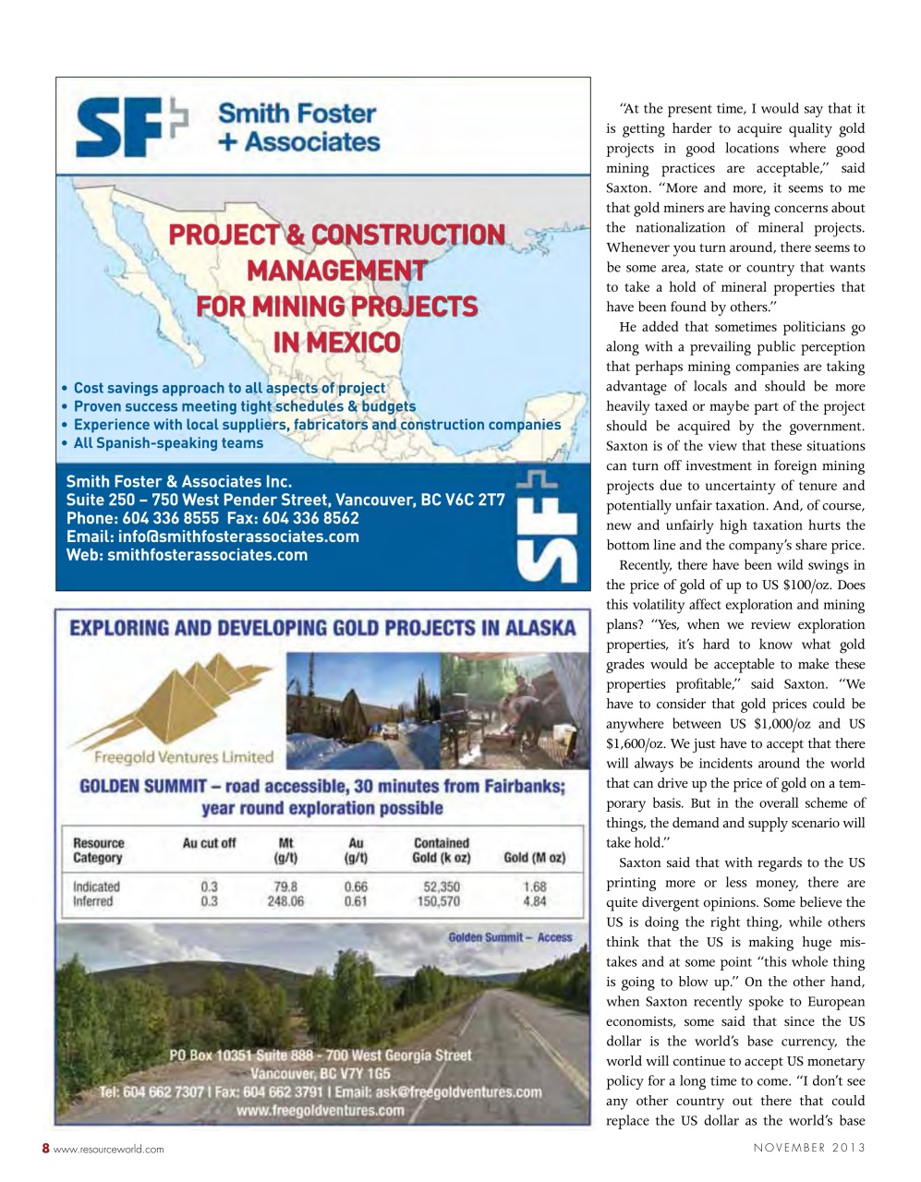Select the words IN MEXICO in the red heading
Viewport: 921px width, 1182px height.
(336, 343)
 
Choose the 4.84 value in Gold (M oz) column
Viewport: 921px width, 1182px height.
(534, 901)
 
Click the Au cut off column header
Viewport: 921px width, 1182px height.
(209, 843)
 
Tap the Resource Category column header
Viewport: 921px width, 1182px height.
(98, 850)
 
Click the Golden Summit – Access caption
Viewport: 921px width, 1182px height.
(510, 937)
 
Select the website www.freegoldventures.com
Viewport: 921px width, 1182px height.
(321, 1110)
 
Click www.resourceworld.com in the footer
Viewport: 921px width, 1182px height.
(109, 1149)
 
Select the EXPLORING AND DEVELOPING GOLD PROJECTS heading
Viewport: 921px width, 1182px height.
(322, 629)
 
